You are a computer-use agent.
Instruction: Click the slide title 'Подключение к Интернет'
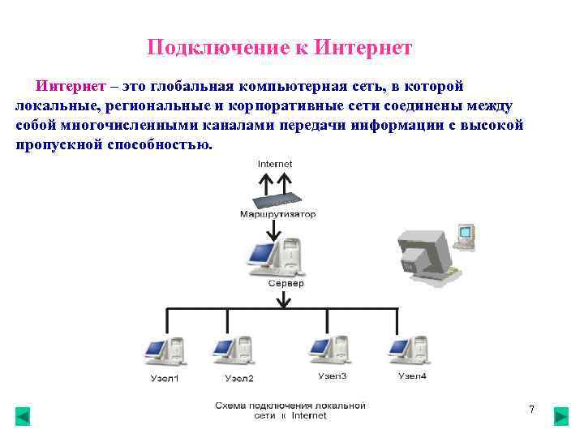pos(280,48)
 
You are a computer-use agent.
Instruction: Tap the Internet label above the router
pos(275,164)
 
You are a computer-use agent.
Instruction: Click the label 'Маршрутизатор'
pos(278,215)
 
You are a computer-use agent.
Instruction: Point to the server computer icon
pos(275,257)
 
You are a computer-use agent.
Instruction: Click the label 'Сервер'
pos(286,284)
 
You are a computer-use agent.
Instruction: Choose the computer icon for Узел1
pos(163,353)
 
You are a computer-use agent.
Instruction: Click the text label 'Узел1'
pos(165,378)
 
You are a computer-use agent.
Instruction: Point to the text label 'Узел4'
pos(412,376)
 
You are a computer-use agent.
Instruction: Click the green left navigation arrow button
pos(23,417)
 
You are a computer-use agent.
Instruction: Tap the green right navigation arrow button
pos(560,417)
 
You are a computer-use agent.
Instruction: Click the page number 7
pos(531,410)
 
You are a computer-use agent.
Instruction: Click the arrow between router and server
pos(275,230)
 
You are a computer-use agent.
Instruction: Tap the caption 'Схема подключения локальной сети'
pos(290,410)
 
